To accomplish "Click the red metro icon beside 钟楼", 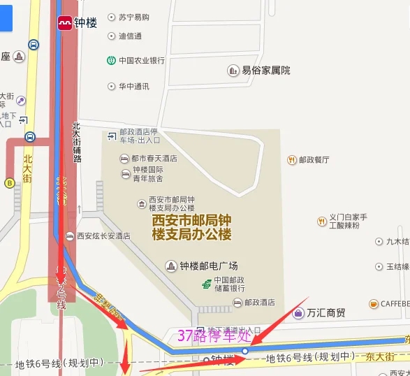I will point(64,22).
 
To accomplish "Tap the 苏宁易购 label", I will point(133,17).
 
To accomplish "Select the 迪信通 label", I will point(130,36).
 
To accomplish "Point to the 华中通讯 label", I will point(133,87).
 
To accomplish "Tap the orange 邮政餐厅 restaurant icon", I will point(292,160).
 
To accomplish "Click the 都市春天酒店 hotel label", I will point(154,158).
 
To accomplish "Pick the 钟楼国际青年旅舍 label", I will point(147,173).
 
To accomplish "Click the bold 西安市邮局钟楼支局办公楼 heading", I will point(191,227).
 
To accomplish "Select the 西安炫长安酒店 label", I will point(103,236).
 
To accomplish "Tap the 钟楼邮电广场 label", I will point(208,266).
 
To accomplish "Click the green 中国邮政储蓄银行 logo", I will point(207,284).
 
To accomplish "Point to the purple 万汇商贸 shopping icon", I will point(298,312).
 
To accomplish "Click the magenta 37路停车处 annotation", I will point(214,335).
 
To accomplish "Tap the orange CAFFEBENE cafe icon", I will point(374,304).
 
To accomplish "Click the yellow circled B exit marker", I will point(10,183).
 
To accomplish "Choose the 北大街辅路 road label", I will point(77,143).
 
